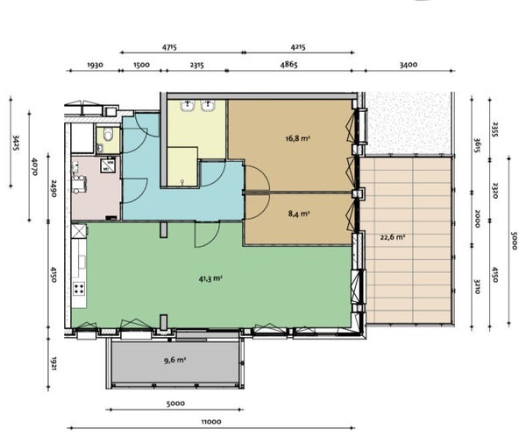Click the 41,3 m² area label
210,278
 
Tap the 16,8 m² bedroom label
297,138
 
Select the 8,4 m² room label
299,214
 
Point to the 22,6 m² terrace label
393,237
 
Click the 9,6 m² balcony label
174,361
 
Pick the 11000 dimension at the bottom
211,422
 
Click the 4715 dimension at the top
169,47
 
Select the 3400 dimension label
409,65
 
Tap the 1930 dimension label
95,65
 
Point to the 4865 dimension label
288,65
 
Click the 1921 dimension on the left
53,363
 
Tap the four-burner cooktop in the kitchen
79,288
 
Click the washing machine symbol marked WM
108,165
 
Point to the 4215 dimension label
298,47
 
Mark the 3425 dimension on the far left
16,143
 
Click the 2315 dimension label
197,65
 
